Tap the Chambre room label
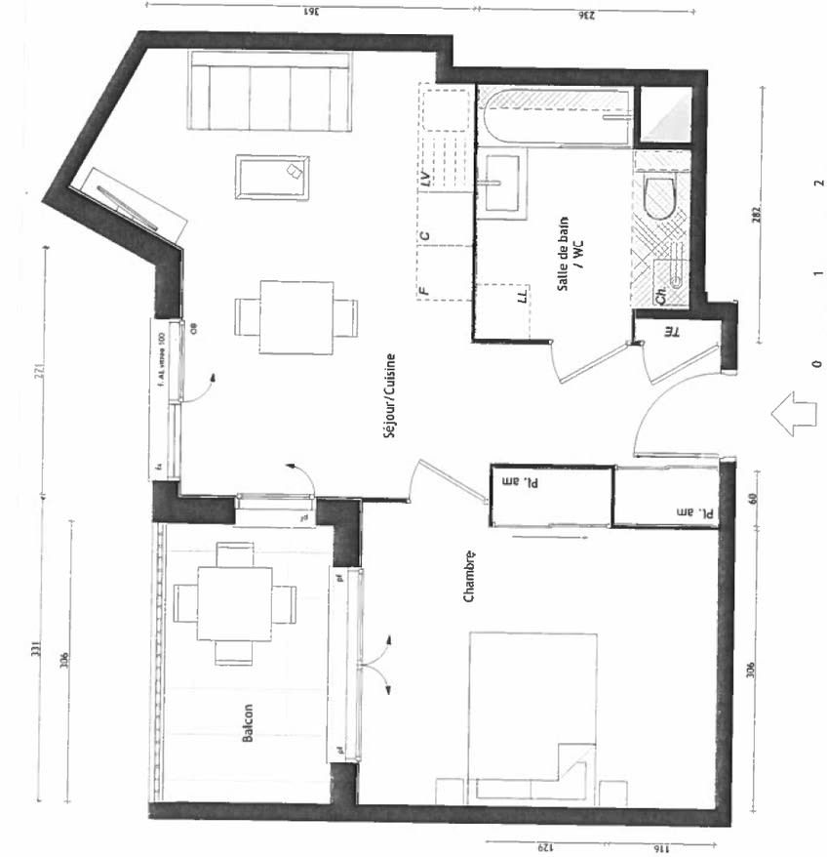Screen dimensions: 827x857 (x=469, y=577)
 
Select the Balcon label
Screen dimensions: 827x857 (x=248, y=724)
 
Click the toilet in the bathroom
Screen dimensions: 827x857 (x=661, y=197)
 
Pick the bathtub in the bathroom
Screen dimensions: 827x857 (x=554, y=116)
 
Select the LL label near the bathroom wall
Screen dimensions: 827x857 (x=523, y=294)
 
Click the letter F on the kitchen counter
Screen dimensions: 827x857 (x=424, y=289)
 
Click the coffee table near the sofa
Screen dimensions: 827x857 (x=273, y=177)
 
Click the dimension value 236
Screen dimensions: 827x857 (x=586, y=14)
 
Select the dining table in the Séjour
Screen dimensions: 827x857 (x=295, y=317)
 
